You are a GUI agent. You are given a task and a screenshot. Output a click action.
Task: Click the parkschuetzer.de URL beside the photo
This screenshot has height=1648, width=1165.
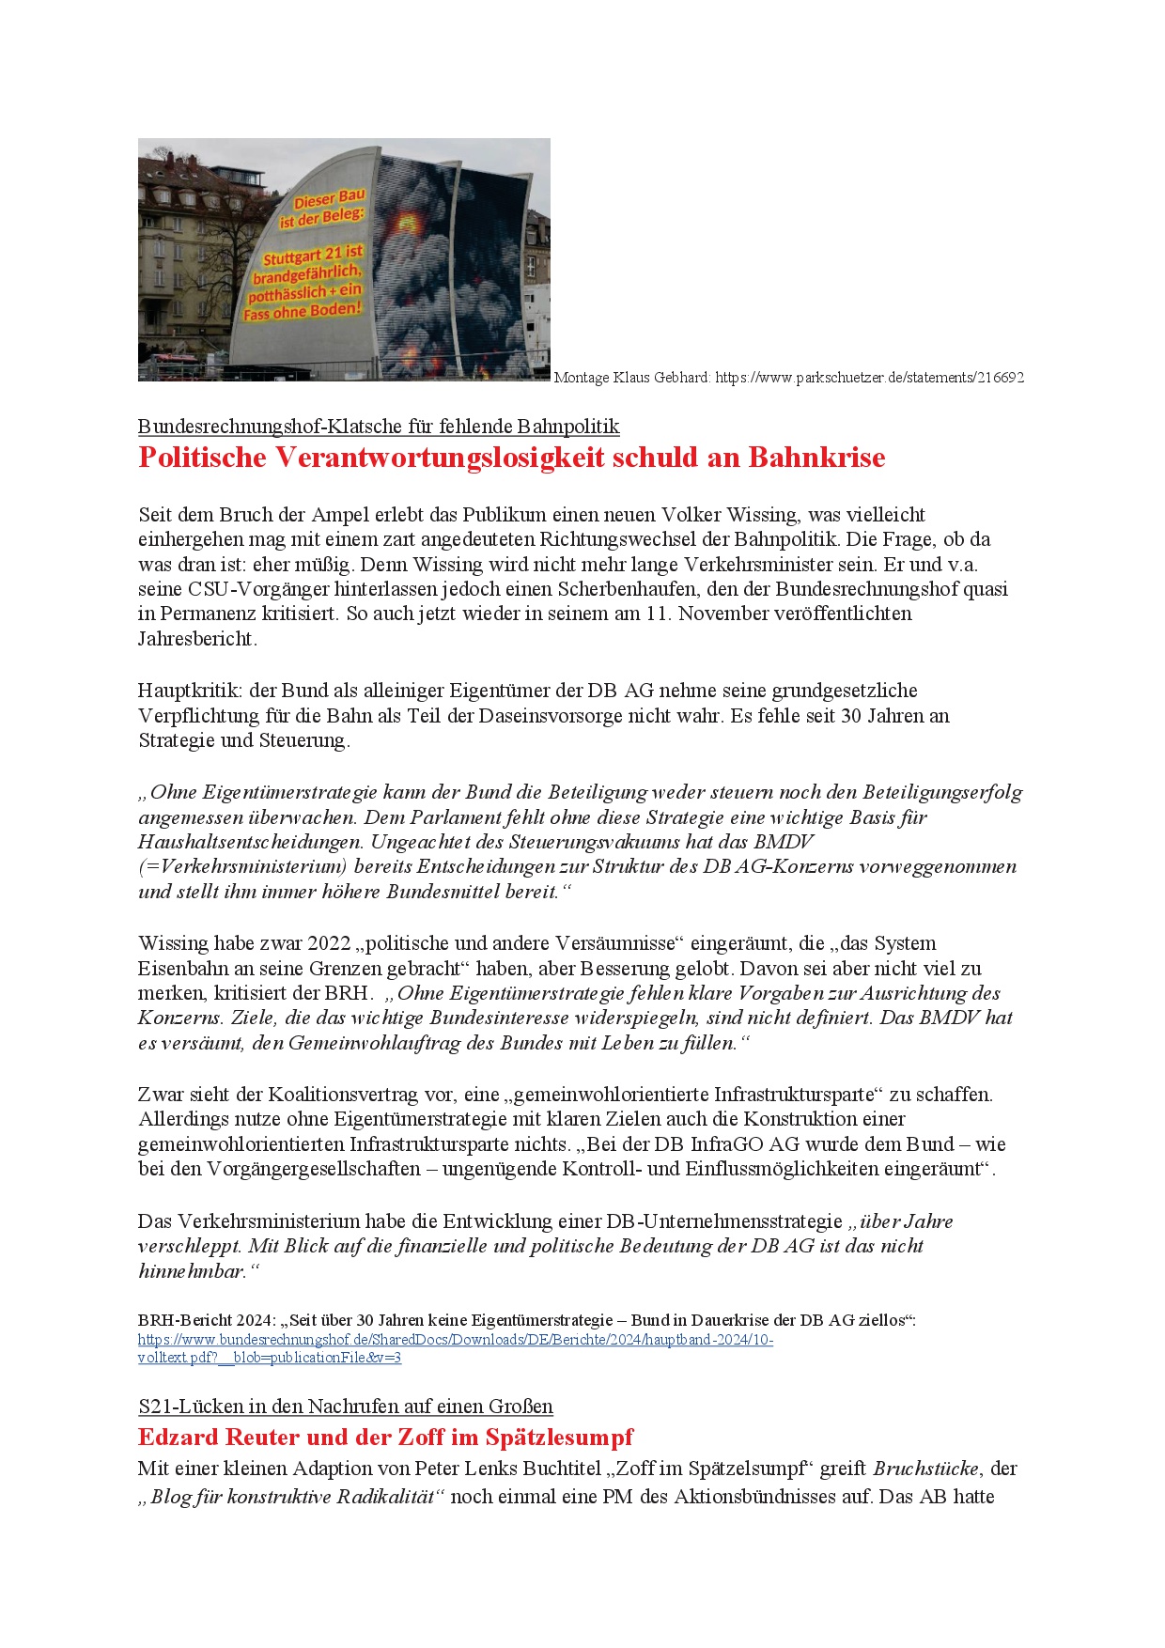(x=869, y=378)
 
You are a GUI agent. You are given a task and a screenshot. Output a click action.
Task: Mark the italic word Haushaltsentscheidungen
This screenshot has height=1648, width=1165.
(x=250, y=842)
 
